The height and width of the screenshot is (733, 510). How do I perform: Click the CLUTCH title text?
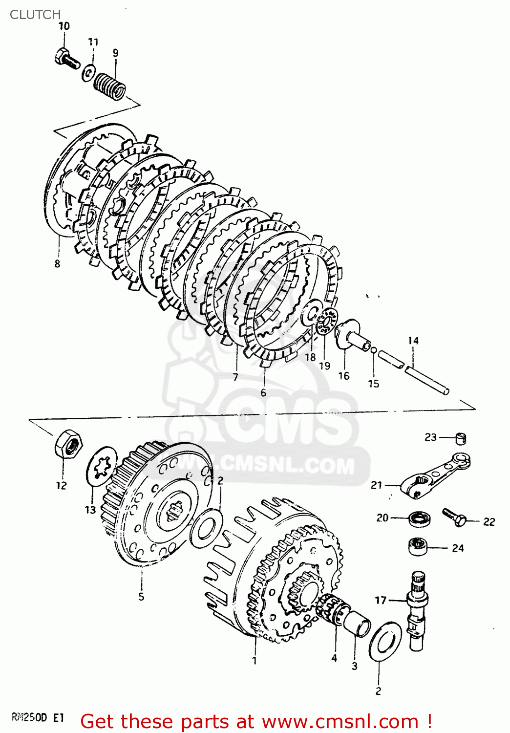click(35, 15)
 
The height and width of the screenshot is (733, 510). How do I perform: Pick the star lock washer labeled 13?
click(102, 466)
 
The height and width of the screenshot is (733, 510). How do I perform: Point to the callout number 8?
click(58, 264)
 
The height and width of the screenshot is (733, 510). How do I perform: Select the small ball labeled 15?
click(374, 350)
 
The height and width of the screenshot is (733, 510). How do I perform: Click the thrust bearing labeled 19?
click(326, 322)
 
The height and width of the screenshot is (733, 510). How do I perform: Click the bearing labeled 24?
click(418, 546)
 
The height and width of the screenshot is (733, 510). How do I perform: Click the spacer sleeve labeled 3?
click(357, 624)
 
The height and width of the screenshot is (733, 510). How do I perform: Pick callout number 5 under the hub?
click(141, 597)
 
